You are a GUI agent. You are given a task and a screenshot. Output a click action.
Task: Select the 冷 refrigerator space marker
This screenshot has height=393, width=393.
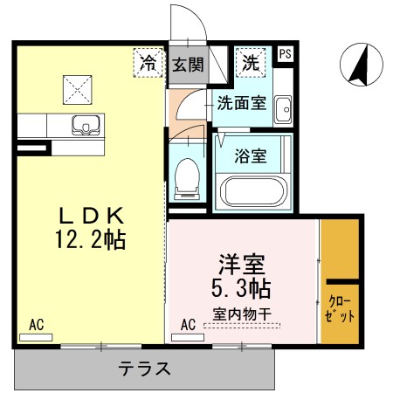tap(149, 62)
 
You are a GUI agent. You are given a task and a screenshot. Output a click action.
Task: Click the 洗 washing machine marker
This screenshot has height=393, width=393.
tap(251, 62)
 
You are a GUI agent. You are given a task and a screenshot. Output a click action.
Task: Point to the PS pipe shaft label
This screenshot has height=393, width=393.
tap(285, 54)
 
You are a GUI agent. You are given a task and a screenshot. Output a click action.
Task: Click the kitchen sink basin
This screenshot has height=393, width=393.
tap(85, 125)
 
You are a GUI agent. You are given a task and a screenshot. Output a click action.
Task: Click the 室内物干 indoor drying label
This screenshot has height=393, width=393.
tap(242, 314)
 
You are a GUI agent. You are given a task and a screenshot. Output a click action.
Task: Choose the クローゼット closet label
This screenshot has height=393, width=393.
tap(341, 309)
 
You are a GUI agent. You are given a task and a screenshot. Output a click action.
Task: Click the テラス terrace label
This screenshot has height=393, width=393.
tap(144, 369)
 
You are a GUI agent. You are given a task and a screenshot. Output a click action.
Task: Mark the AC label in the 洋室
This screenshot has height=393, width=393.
tap(187, 325)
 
